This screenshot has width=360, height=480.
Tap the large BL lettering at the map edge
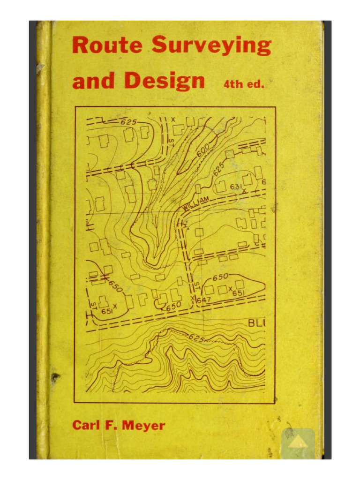tap(256, 323)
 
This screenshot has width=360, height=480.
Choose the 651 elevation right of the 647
tap(238, 293)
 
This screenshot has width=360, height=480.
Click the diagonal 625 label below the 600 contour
tap(219, 168)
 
